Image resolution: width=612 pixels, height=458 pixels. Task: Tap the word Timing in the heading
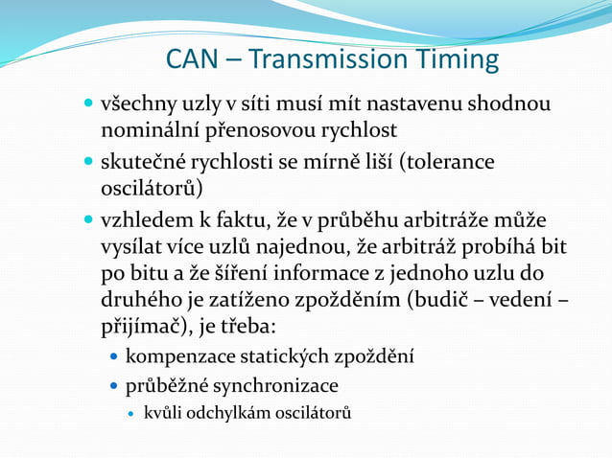coord(458,60)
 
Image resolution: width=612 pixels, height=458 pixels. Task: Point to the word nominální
coord(157,127)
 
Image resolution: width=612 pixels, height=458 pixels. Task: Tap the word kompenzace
coord(177,357)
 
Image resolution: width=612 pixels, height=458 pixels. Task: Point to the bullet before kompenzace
coord(114,357)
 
